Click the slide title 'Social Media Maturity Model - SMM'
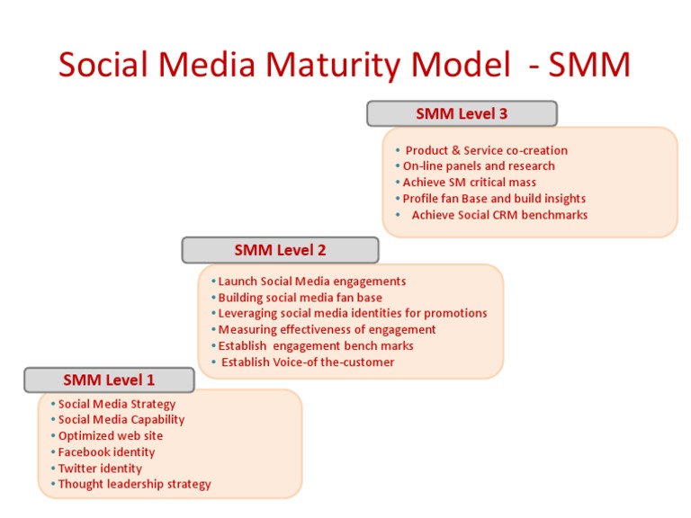pyautogui.click(x=345, y=66)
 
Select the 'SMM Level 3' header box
pyautogui.click(x=462, y=113)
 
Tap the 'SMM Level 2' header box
pyautogui.click(x=280, y=250)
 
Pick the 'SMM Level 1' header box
pyautogui.click(x=109, y=380)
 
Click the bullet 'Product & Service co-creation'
pyautogui.click(x=486, y=150)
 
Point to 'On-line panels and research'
pyautogui.click(x=479, y=166)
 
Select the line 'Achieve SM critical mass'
pyautogui.click(x=469, y=183)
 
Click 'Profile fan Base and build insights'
pyautogui.click(x=494, y=199)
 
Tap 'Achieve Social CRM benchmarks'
pyautogui.click(x=499, y=215)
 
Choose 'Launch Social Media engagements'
pyautogui.click(x=312, y=281)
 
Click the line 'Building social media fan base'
pyautogui.click(x=300, y=298)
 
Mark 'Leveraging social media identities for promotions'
pyautogui.click(x=353, y=314)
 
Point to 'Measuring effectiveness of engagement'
pyautogui.click(x=327, y=330)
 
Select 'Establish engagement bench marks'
pyautogui.click(x=316, y=346)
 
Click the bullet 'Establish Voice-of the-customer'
pyautogui.click(x=308, y=362)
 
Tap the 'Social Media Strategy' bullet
pyautogui.click(x=117, y=404)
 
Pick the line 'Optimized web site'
pyautogui.click(x=111, y=436)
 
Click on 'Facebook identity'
pyautogui.click(x=106, y=452)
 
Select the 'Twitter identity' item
pyautogui.click(x=100, y=469)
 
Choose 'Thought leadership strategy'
pyautogui.click(x=135, y=485)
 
